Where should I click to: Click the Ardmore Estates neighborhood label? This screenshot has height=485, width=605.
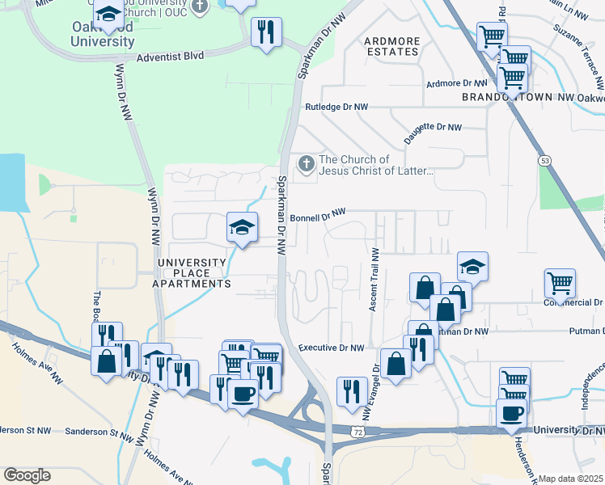tap(391, 46)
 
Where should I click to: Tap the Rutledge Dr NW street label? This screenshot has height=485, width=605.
tap(336, 107)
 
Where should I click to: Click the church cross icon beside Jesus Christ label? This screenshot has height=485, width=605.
tap(306, 164)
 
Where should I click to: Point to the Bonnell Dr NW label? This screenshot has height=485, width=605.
tap(318, 215)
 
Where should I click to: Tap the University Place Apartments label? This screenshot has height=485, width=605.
tap(194, 273)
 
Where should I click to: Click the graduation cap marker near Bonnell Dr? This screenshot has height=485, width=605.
tap(242, 227)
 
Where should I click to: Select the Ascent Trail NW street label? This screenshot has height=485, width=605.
tap(374, 280)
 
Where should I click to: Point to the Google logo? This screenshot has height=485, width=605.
tap(27, 475)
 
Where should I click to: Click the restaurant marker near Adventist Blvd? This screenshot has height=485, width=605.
tap(265, 32)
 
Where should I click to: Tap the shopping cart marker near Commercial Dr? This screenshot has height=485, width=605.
tap(560, 283)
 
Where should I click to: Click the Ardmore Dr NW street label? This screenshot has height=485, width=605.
tap(457, 82)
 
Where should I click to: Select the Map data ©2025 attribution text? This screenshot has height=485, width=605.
tap(571, 479)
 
